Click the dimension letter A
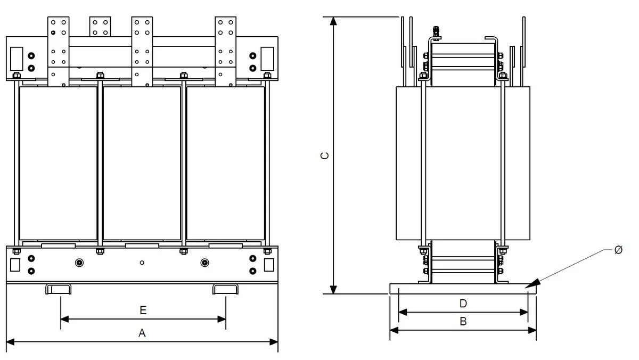click(x=142, y=333)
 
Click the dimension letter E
click(x=143, y=310)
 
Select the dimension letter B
click(x=463, y=322)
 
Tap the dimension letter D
click(x=463, y=304)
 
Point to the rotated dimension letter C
click(x=325, y=156)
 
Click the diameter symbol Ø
click(x=618, y=250)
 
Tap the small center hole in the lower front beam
click(x=142, y=263)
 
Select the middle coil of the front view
click(x=142, y=163)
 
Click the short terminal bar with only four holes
click(x=100, y=27)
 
